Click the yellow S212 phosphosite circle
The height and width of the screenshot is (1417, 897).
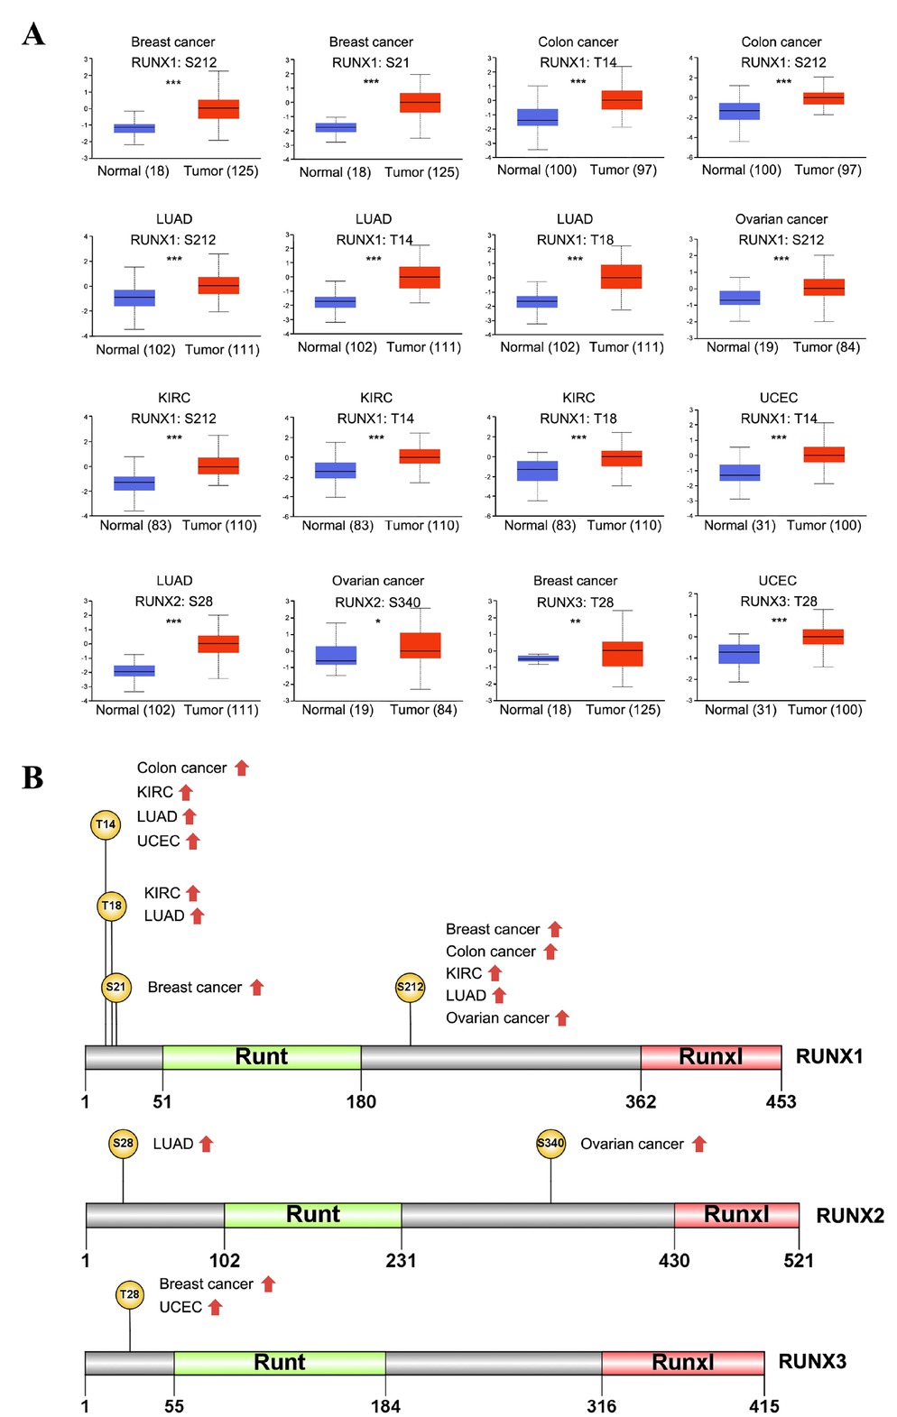[x=410, y=987]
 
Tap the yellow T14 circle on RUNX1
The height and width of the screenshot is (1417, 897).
[x=106, y=824]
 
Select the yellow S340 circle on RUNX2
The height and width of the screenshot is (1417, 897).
[x=550, y=1143]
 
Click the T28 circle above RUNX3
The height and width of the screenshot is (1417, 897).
[x=130, y=1295]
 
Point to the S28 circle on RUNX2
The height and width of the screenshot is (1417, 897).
[x=123, y=1144]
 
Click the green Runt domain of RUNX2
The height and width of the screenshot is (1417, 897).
[x=312, y=1215]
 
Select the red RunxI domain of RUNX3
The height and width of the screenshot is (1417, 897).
[x=683, y=1362]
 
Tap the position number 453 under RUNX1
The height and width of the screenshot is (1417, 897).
[x=781, y=1101]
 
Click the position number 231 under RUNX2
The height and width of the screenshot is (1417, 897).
[x=401, y=1261]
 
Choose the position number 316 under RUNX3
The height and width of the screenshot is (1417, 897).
[x=601, y=1406]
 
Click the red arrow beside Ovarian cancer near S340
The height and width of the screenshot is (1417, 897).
[x=699, y=1144]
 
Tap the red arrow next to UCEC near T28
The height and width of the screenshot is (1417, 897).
[x=215, y=1308]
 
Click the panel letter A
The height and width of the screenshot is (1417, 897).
[x=33, y=34]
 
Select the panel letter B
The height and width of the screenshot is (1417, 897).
[x=32, y=778]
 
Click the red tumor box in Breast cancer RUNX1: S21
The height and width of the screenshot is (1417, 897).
[x=420, y=103]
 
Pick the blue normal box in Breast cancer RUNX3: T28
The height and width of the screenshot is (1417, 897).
[x=538, y=658]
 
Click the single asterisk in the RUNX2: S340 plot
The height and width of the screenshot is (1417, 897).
[x=378, y=621]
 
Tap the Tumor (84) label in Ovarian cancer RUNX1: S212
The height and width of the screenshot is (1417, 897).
[x=826, y=347]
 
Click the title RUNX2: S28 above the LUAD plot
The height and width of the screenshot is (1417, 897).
[x=173, y=601]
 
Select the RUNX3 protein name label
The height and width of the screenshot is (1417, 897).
[x=812, y=1362]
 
